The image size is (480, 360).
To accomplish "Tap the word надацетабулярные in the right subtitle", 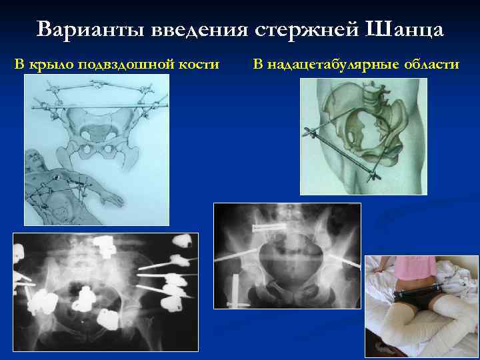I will click(x=343, y=65).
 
